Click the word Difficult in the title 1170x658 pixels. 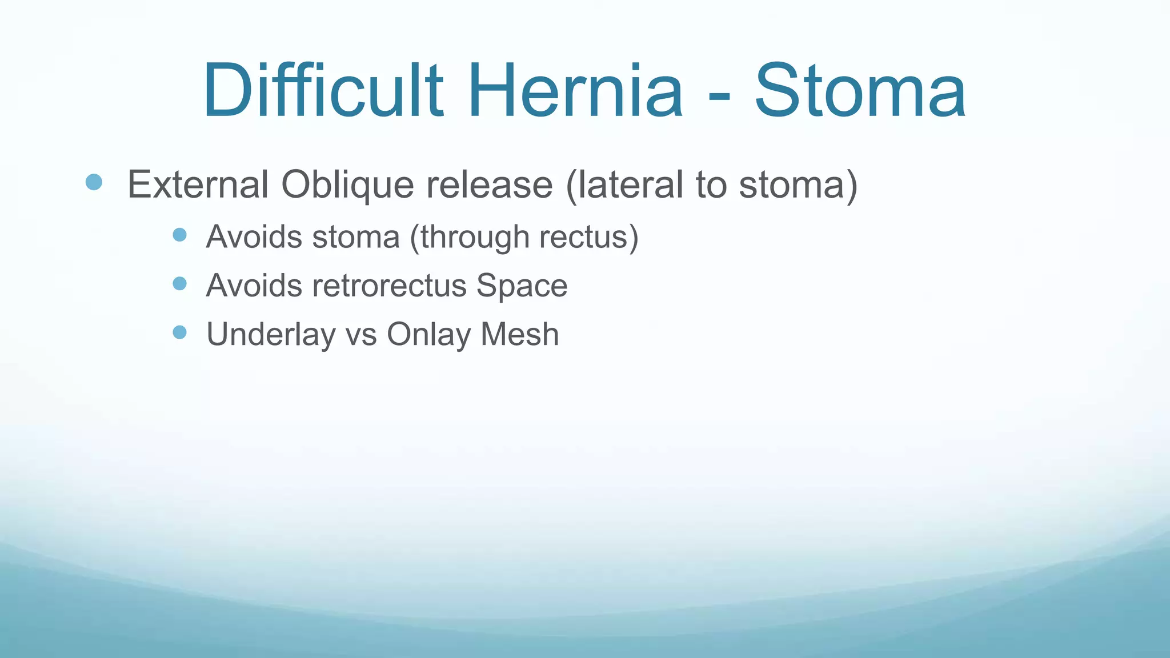click(x=323, y=91)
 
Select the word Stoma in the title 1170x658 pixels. click(x=860, y=91)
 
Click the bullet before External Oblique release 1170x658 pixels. click(x=94, y=183)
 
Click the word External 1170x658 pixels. click(x=198, y=184)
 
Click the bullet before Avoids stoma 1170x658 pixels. click(x=179, y=235)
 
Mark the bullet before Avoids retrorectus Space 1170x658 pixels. click(x=179, y=283)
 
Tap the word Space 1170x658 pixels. click(x=522, y=286)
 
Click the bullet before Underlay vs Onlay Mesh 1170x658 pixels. click(x=179, y=332)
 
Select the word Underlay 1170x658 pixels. click(x=271, y=335)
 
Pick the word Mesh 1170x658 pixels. click(x=519, y=334)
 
